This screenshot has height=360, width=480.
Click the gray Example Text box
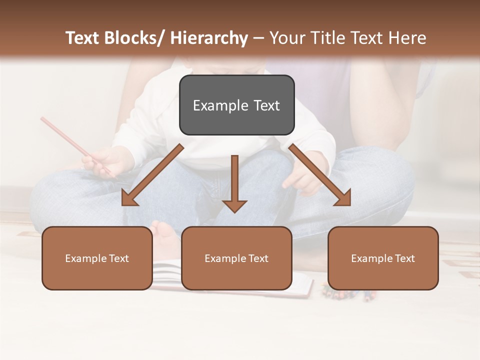click(236, 105)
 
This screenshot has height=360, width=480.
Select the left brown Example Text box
click(97, 258)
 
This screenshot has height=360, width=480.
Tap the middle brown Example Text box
click(236, 258)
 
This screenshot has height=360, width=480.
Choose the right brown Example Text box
click(383, 258)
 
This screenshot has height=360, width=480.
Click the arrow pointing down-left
click(152, 175)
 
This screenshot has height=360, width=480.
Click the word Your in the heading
click(287, 38)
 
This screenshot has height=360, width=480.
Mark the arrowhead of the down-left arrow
click(129, 198)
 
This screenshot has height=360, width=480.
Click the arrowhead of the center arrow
click(234, 205)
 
